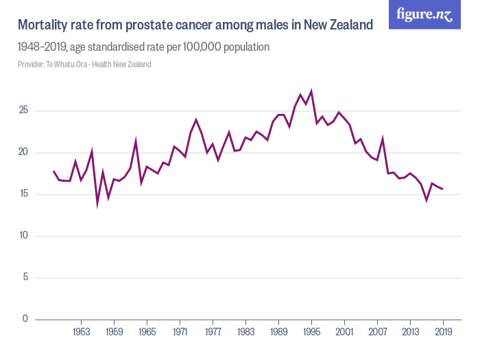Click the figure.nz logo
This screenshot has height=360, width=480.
point(424,14)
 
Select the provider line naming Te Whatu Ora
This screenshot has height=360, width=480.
point(84,64)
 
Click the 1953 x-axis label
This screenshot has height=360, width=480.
point(81,333)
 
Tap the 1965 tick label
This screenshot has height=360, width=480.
point(147,333)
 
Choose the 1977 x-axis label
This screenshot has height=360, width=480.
point(213,333)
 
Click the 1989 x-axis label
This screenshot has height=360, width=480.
point(278,333)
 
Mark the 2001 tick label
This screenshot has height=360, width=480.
point(344,333)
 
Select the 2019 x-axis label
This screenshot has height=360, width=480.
point(443,333)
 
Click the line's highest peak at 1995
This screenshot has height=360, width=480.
point(311,91)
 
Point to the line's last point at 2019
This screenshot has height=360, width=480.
point(443,189)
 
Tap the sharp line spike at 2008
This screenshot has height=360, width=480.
point(383,139)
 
